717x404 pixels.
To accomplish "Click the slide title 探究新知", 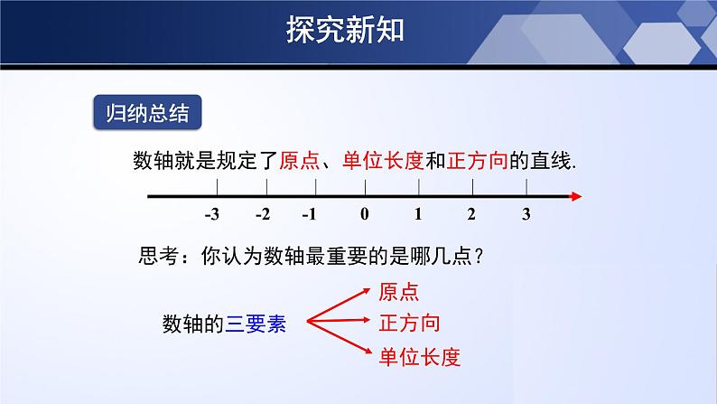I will pyautogui.click(x=345, y=29).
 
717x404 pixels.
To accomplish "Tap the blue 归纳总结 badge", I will pyautogui.click(x=146, y=115).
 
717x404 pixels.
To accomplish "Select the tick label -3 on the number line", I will pyautogui.click(x=212, y=215).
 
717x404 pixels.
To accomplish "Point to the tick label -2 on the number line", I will pyautogui.click(x=263, y=215).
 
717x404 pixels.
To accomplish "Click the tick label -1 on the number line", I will pyautogui.click(x=310, y=215).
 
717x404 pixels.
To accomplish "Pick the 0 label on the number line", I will pyautogui.click(x=364, y=215).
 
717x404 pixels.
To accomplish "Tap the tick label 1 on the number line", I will pyautogui.click(x=418, y=215).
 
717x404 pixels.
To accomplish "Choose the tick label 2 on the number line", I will pyautogui.click(x=471, y=215).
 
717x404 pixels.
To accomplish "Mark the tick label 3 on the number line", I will pyautogui.click(x=526, y=215).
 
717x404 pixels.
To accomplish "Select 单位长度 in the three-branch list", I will pyautogui.click(x=420, y=357).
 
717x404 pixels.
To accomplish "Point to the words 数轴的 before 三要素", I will pyautogui.click(x=193, y=323).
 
